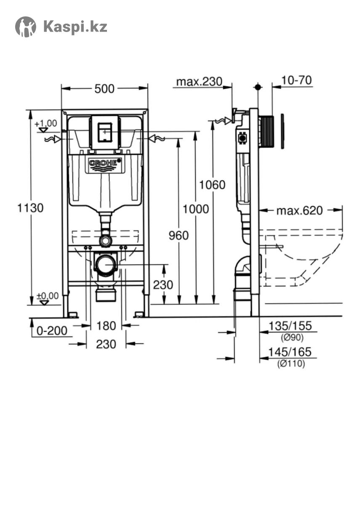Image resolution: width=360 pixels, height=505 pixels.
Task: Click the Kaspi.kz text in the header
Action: (x=75, y=27)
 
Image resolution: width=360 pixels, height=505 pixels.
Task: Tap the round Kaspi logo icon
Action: (x=26, y=27)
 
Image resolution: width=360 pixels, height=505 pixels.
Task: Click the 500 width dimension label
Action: (x=104, y=89)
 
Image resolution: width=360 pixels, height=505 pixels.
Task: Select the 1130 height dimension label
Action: (x=30, y=207)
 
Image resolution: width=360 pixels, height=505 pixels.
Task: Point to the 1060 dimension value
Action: (x=213, y=185)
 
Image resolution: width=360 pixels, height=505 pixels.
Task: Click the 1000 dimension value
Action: (x=196, y=209)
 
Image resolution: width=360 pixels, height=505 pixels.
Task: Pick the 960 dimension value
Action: (x=179, y=236)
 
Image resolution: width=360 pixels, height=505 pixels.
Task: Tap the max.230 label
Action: (x=200, y=82)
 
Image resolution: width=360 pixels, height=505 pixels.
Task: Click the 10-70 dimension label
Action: (x=297, y=80)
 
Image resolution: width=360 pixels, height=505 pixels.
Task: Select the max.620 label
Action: (x=300, y=211)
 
